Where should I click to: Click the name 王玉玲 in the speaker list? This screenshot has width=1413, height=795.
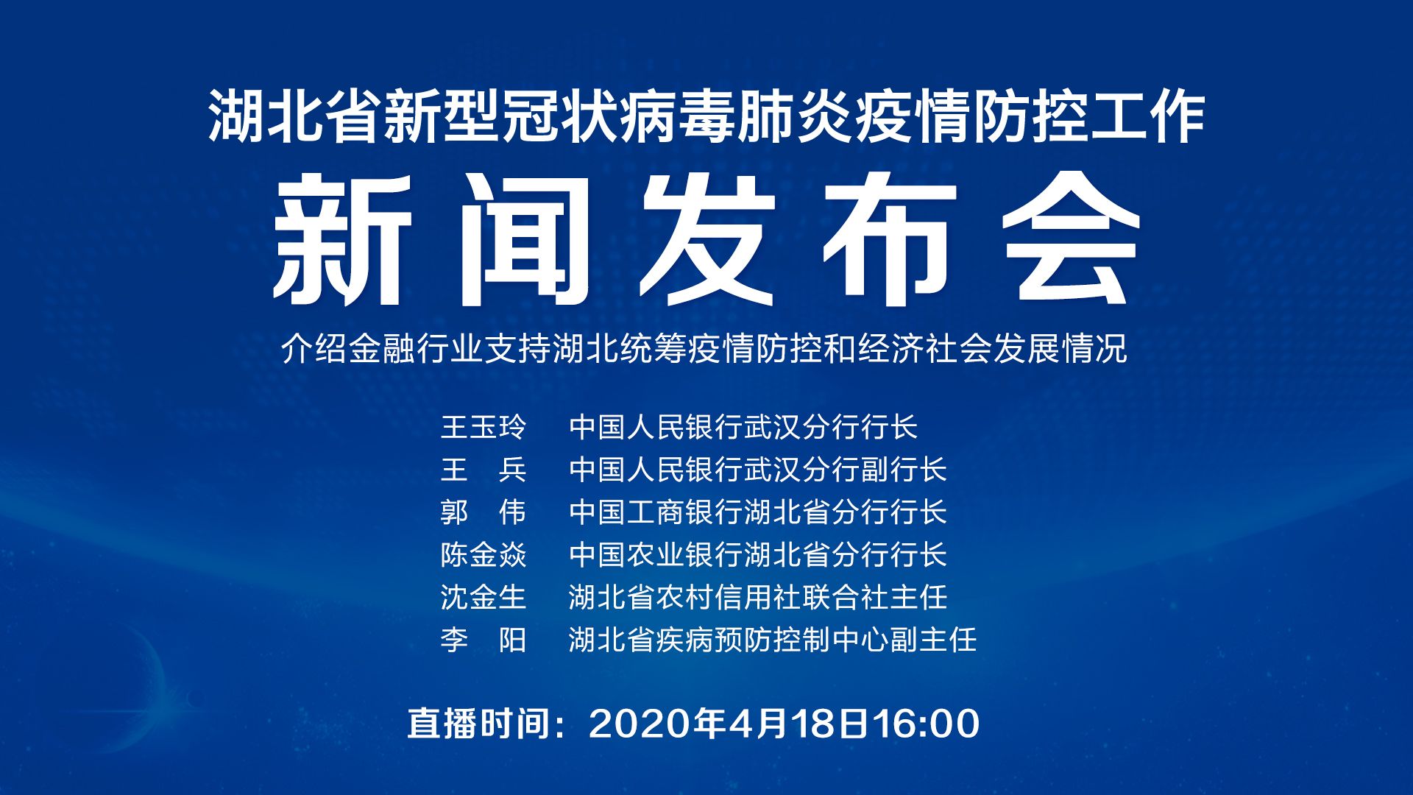(484, 427)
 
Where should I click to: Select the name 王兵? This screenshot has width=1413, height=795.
(484, 470)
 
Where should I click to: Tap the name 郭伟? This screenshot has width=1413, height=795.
(484, 512)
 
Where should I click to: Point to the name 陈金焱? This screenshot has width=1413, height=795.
(484, 555)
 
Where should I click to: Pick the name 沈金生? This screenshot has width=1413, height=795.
(484, 597)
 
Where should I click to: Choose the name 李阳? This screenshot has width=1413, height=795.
(484, 640)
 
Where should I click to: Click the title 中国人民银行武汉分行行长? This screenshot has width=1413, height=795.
(743, 427)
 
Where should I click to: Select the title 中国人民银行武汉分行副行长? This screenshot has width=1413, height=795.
(758, 470)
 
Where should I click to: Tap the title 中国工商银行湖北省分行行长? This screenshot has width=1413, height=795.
(758, 512)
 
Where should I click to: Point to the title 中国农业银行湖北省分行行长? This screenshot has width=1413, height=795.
(758, 555)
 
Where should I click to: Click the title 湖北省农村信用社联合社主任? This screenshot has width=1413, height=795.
(758, 597)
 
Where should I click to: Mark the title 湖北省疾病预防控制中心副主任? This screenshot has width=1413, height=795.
(773, 640)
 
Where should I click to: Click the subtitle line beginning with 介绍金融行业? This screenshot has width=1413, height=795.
(704, 349)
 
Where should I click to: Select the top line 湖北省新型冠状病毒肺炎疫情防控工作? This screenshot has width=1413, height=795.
(706, 116)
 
